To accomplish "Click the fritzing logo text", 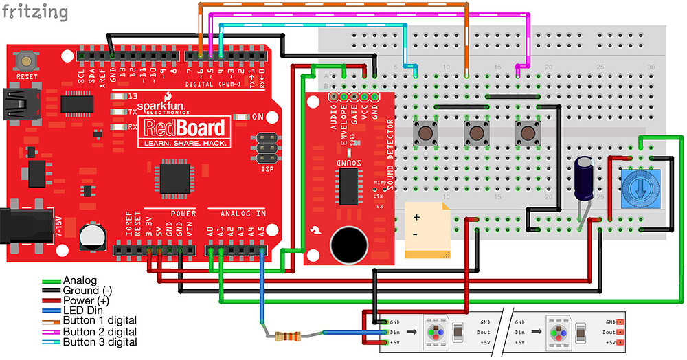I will pos(34,12).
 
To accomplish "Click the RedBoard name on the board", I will pos(183,128).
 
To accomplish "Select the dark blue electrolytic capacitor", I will pos(585,178).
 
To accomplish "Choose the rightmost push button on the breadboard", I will pos(527,133).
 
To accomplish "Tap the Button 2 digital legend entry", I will pos(99,331).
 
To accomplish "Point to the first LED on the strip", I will pos(437,331).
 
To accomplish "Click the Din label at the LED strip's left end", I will pos(395,332).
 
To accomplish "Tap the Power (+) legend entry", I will pos(86,300).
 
